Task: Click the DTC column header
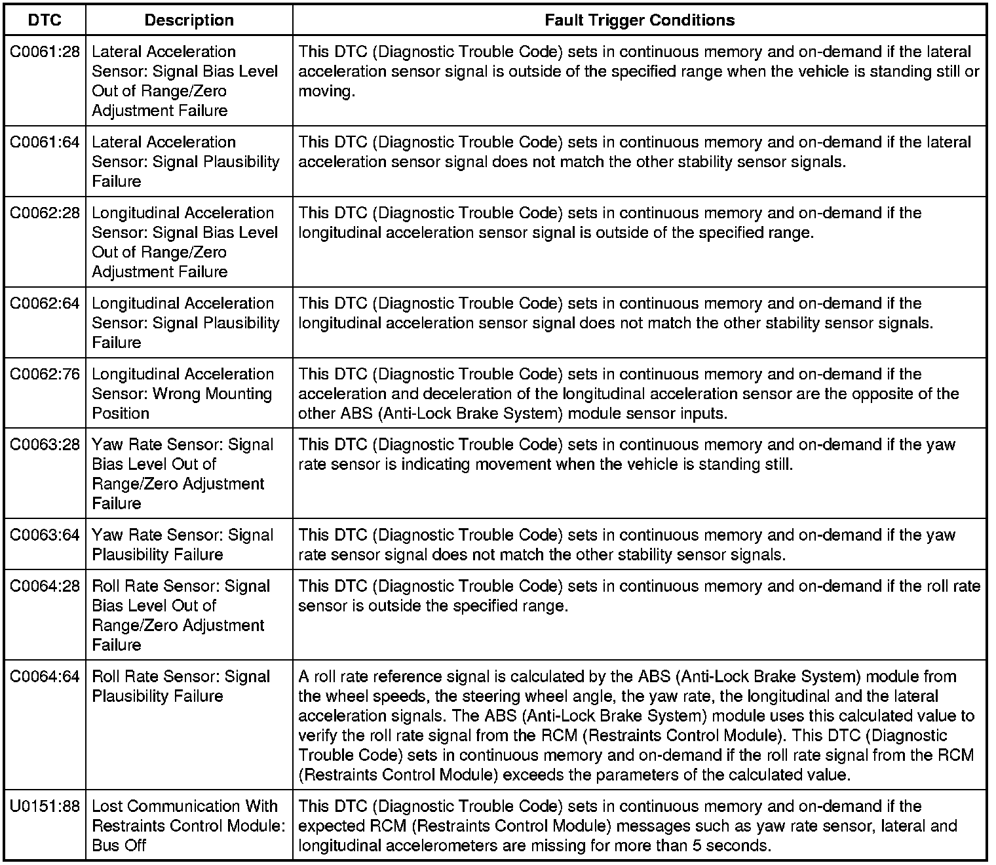(x=45, y=20)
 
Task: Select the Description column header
(x=189, y=20)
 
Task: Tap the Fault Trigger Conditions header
(x=639, y=20)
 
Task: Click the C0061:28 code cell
(x=45, y=52)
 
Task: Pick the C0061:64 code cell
(x=45, y=142)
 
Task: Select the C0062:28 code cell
(x=45, y=213)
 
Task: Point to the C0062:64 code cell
(x=45, y=303)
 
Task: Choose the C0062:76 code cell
(x=45, y=374)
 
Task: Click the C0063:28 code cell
(x=45, y=445)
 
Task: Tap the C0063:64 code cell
(x=45, y=535)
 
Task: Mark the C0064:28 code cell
(x=45, y=586)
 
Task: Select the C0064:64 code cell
(x=45, y=677)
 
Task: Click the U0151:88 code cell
(x=45, y=807)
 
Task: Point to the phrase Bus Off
(x=119, y=845)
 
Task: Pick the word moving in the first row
(x=326, y=91)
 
